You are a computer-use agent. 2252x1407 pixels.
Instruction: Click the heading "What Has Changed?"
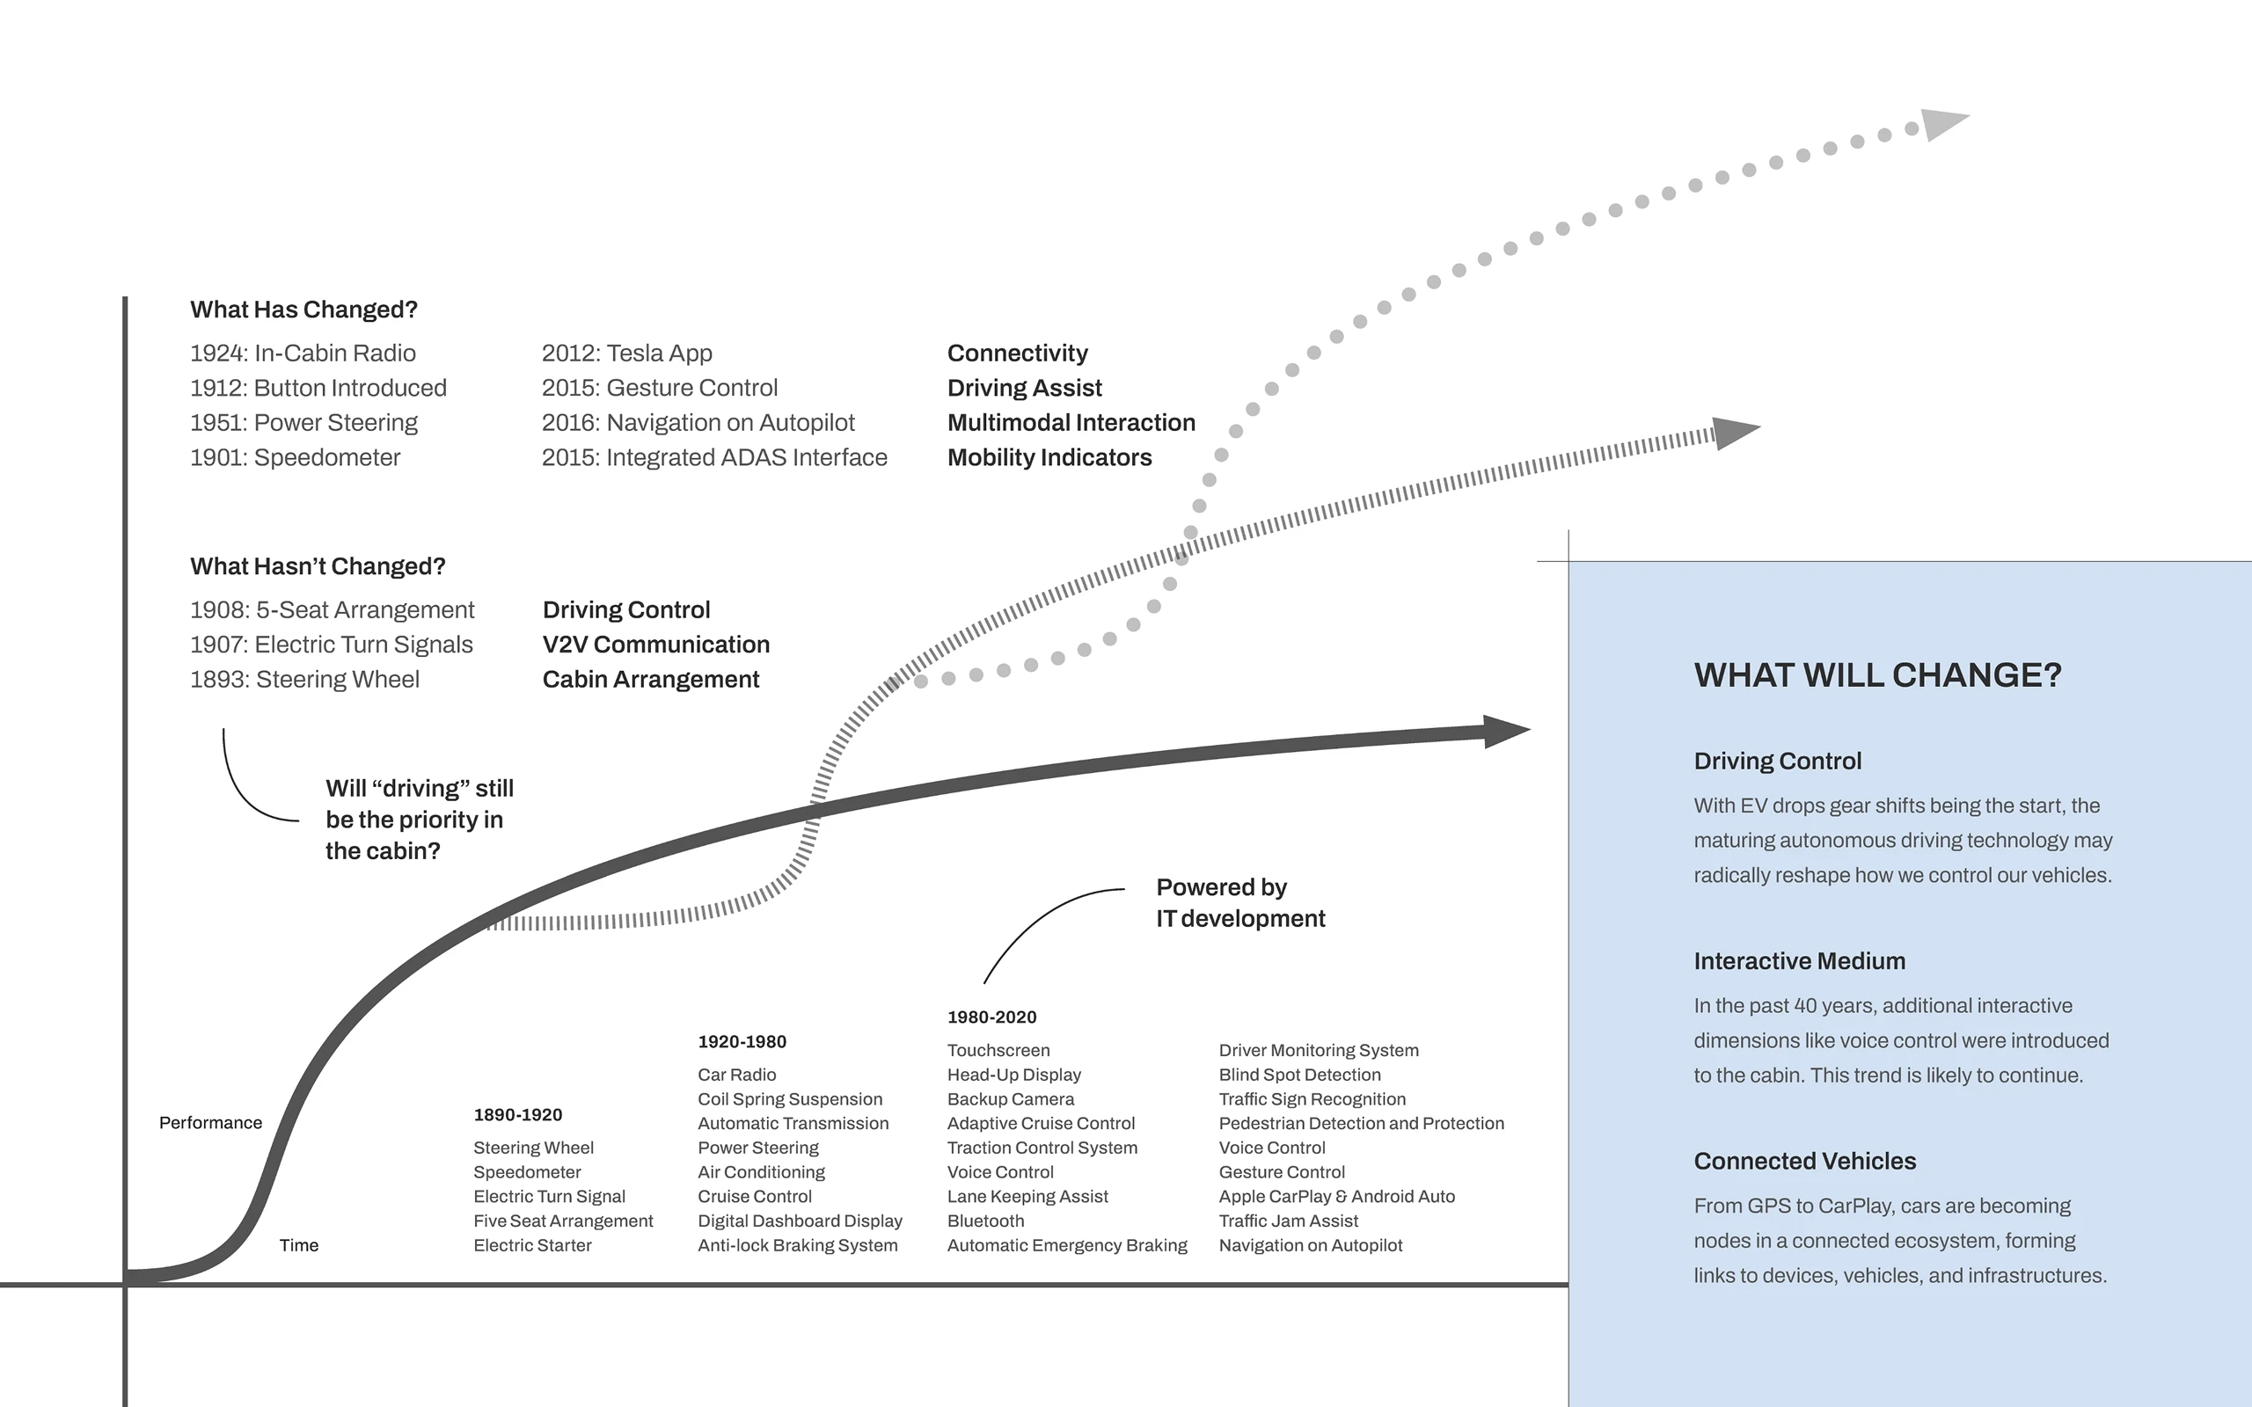(x=303, y=310)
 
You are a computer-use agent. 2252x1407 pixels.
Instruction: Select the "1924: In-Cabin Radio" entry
(x=303, y=354)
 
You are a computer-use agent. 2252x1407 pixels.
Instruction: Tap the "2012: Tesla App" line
(x=626, y=354)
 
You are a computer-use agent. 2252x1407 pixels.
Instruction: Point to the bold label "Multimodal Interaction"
(x=1071, y=422)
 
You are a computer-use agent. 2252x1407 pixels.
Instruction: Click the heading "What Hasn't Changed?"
(x=318, y=566)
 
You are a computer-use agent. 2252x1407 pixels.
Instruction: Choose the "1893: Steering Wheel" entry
(x=304, y=679)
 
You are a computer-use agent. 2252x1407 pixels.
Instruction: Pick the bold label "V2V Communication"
(x=655, y=645)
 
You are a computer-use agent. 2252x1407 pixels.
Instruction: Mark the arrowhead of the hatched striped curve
(x=1734, y=433)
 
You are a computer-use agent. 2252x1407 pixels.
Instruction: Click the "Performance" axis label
(x=210, y=1123)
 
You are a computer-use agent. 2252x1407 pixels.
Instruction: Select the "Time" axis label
(x=299, y=1246)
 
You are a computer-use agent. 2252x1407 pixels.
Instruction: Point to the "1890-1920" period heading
(x=517, y=1115)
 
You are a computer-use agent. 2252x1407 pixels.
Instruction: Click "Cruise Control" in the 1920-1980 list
(x=754, y=1197)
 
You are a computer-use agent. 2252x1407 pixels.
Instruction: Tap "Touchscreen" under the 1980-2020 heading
(x=998, y=1051)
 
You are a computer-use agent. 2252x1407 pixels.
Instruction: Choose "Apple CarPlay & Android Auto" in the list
(x=1336, y=1197)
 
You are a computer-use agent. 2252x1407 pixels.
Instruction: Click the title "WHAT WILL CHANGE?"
(x=1877, y=675)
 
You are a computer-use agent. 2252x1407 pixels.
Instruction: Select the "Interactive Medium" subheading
(x=1799, y=961)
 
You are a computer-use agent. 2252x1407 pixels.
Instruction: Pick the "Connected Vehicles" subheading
(x=1804, y=1162)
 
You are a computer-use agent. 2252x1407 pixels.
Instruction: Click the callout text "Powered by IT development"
(x=1239, y=902)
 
